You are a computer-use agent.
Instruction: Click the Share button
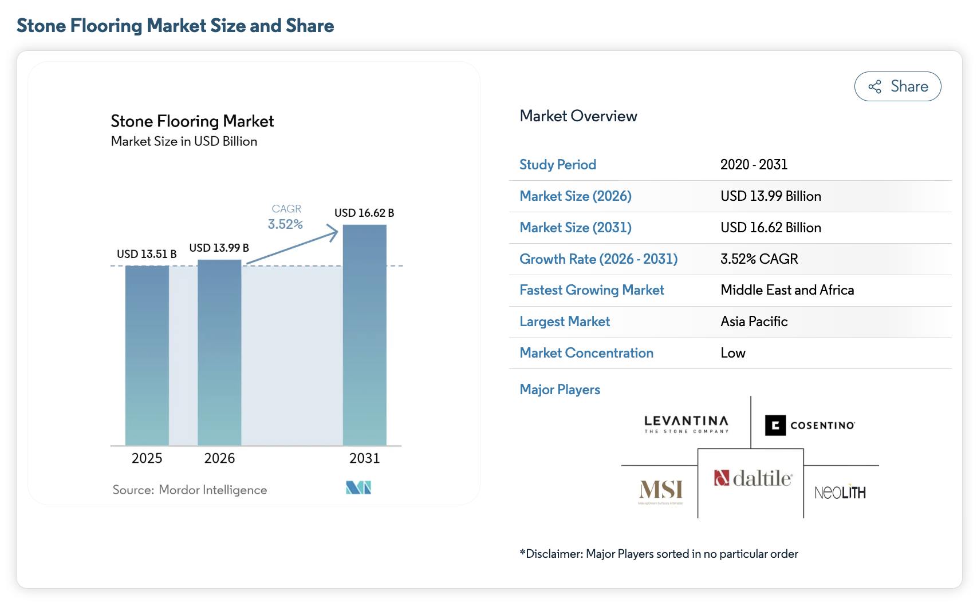pos(897,86)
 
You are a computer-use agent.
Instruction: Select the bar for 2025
pos(147,356)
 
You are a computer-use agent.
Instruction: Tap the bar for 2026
pos(219,352)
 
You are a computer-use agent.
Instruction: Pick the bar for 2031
pos(365,335)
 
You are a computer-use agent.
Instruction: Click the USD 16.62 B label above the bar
pos(364,213)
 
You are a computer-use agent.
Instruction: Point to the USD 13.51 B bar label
pos(147,253)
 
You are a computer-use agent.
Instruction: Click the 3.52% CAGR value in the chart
pos(285,224)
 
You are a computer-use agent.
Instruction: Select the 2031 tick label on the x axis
pos(365,458)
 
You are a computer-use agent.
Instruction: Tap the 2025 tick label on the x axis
pos(147,458)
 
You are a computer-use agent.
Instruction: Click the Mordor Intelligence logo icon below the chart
pos(359,487)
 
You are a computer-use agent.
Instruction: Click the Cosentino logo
pos(810,425)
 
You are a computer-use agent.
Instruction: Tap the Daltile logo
pos(753,478)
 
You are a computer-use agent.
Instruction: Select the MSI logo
pos(661,491)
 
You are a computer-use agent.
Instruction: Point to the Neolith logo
pos(840,493)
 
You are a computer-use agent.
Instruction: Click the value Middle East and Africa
pos(787,290)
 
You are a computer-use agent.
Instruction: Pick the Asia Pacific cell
pos(754,321)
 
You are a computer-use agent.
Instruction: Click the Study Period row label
pos(557,164)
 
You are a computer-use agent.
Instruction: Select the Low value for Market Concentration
pos(733,352)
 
